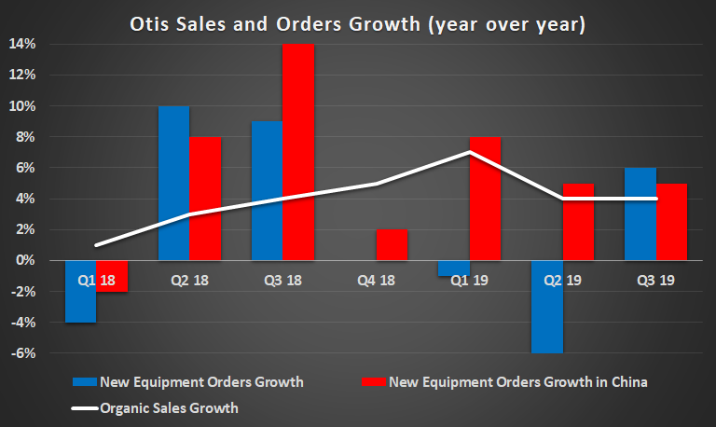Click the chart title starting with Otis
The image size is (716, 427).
click(358, 22)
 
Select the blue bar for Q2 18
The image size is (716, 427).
click(173, 183)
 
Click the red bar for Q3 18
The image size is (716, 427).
click(298, 152)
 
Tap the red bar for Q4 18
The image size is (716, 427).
click(392, 245)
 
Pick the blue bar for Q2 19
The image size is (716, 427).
click(546, 307)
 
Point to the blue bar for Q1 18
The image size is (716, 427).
click(80, 291)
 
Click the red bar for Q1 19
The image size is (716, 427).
click(485, 199)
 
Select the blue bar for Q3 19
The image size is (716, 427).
click(640, 213)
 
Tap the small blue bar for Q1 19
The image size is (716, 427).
click(453, 269)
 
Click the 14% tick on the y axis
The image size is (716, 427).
click(23, 44)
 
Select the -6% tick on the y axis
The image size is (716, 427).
click(23, 353)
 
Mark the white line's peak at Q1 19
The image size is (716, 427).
click(469, 152)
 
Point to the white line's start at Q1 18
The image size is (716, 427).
click(96, 245)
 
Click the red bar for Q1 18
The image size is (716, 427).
click(112, 276)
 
